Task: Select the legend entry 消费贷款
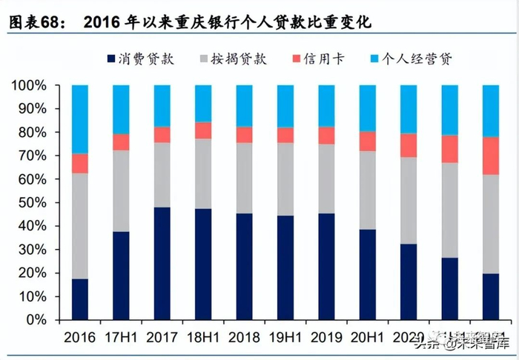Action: point(141,59)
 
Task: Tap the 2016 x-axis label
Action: point(79,337)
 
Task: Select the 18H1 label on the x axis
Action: point(203,337)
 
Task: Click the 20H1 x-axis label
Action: point(368,337)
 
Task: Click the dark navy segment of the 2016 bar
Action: point(79,299)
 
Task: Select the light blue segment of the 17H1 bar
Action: point(121,110)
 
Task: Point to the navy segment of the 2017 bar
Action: point(162,264)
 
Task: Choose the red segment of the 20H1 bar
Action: point(368,141)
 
